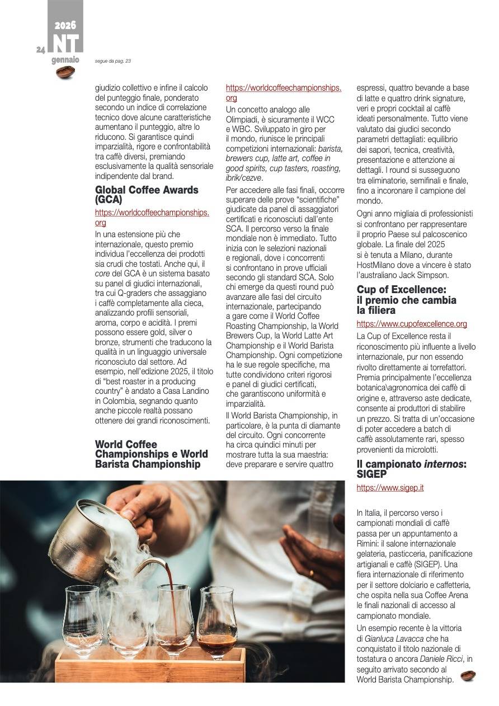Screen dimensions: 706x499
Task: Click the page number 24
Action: pos(40,50)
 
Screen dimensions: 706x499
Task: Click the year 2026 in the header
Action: pos(65,26)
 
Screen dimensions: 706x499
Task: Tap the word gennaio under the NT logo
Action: pos(65,60)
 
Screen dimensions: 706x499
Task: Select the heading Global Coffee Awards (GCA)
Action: pos(147,194)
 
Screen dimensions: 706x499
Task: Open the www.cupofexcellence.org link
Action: pos(412,324)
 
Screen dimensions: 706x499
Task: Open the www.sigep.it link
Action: pos(390,488)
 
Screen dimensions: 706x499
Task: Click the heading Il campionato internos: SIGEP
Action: pos(411,469)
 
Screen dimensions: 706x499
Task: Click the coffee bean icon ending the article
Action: pos(468,676)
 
